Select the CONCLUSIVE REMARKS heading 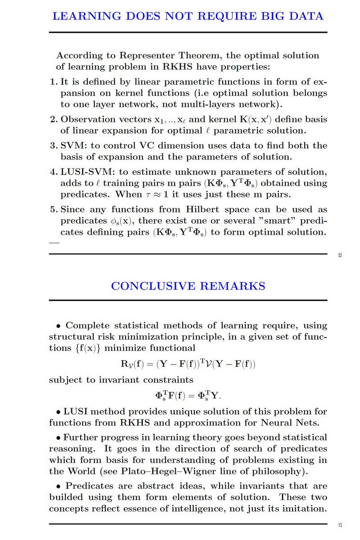[188, 286]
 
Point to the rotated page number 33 [340, 256]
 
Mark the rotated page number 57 [340, 525]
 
